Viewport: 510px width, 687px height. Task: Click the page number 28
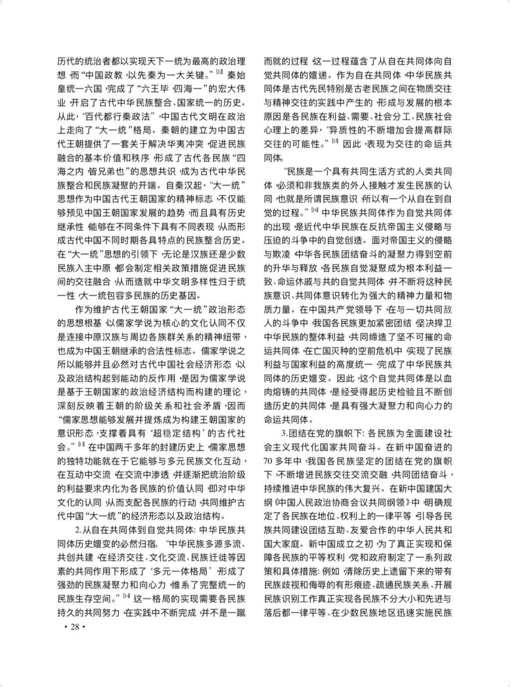click(75, 626)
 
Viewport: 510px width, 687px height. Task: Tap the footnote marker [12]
click(220, 73)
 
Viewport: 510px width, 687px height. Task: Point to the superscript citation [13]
click(81, 442)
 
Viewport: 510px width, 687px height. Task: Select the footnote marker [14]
click(127, 595)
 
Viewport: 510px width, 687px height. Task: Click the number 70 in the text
click(270, 460)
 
